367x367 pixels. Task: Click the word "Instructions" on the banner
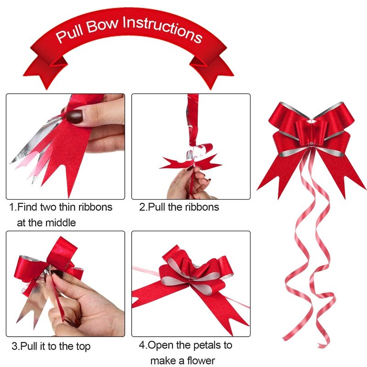pyautogui.click(x=162, y=29)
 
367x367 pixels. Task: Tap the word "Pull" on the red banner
pyautogui.click(x=70, y=34)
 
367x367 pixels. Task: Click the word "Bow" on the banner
pyautogui.click(x=102, y=25)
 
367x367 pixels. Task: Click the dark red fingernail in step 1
pyautogui.click(x=74, y=117)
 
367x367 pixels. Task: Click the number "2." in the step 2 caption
pyautogui.click(x=143, y=207)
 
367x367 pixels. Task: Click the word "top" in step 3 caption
pyautogui.click(x=83, y=347)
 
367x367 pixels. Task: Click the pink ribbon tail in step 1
pyautogui.click(x=26, y=159)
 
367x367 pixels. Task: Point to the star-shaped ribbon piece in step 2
pyautogui.click(x=191, y=162)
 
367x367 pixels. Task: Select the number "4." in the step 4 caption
pyautogui.click(x=143, y=345)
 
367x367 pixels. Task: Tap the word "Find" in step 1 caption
pyautogui.click(x=28, y=207)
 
